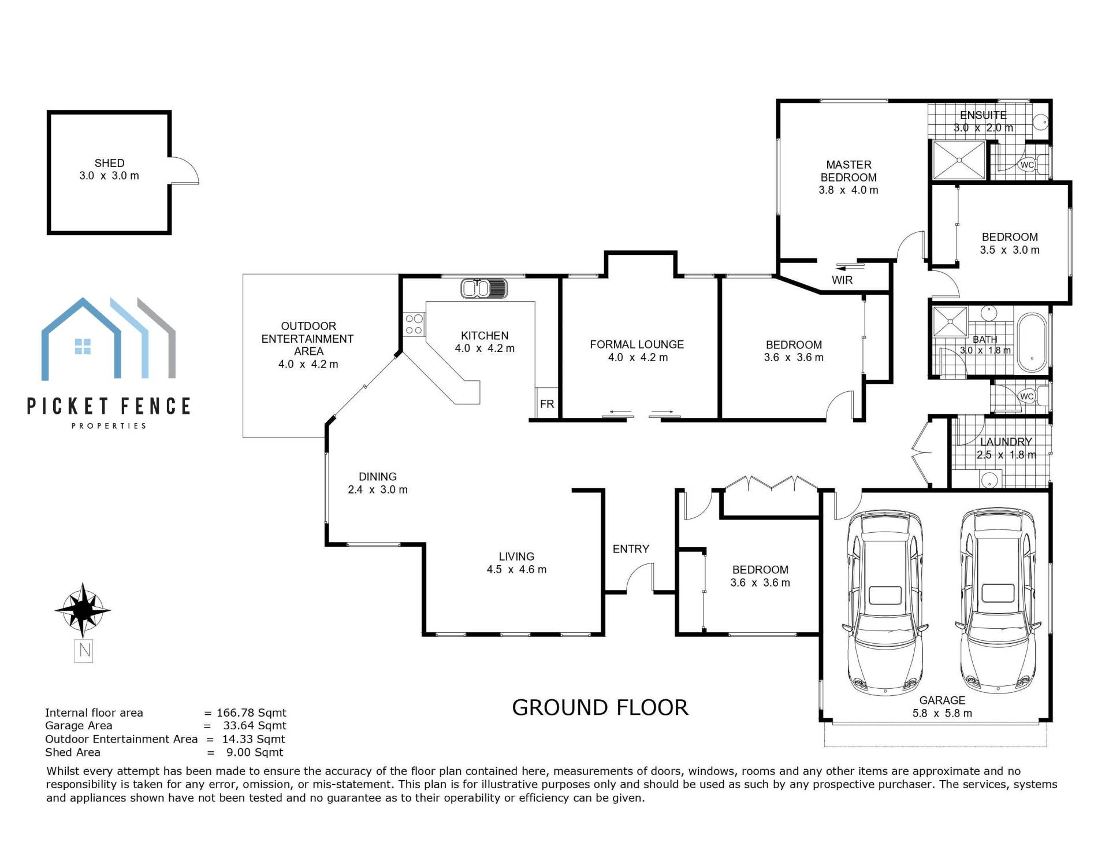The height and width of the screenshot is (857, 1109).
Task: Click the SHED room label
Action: (109, 163)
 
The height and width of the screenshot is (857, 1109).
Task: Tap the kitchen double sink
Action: (484, 288)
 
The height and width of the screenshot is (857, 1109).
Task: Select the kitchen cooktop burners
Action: (414, 324)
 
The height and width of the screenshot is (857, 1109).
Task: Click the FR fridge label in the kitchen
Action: (547, 404)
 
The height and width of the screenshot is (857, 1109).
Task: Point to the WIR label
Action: (842, 280)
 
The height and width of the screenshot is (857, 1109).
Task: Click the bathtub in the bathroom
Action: (1032, 342)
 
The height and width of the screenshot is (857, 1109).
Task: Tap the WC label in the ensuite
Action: (1027, 165)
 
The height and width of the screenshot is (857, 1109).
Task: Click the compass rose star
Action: (84, 610)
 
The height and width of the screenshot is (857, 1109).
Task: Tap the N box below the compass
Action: (84, 651)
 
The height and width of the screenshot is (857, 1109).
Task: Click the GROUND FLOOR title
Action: (600, 708)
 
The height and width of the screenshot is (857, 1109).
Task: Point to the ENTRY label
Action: (631, 549)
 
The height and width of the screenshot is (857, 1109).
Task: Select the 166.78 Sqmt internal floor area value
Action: (251, 713)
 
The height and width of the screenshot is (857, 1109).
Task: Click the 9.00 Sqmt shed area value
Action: (255, 752)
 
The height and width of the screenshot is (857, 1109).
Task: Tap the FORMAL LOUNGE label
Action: (637, 344)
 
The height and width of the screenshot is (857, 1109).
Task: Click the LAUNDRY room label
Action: (1006, 442)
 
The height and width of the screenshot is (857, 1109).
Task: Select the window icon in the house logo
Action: (83, 346)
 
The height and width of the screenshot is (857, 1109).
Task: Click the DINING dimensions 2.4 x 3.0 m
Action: (378, 490)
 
